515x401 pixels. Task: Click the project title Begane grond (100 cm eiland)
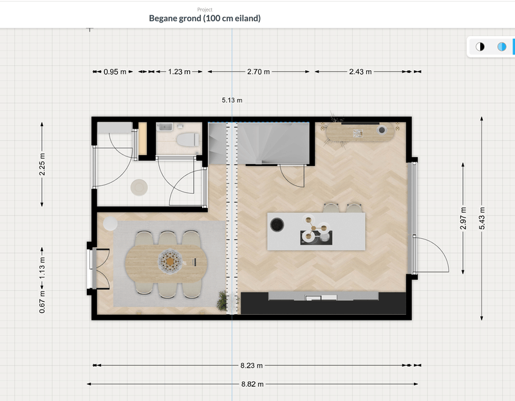(205, 18)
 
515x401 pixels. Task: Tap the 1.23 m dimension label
(179, 72)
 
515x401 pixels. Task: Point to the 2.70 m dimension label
(258, 72)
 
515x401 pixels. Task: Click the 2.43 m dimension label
(360, 72)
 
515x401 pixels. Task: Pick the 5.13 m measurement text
(232, 100)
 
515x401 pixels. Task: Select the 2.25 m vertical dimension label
(42, 164)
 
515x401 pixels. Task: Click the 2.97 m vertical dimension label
(463, 219)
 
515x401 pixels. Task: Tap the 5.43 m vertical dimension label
(482, 219)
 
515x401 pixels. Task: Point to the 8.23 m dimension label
(252, 366)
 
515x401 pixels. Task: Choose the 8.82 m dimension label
(252, 384)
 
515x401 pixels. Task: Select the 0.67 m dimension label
(42, 303)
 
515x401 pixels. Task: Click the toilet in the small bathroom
(187, 139)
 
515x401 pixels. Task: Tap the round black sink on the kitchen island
(277, 224)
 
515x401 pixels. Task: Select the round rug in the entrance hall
(138, 187)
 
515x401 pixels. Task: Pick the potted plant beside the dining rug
(223, 300)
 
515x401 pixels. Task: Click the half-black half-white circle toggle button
(480, 46)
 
